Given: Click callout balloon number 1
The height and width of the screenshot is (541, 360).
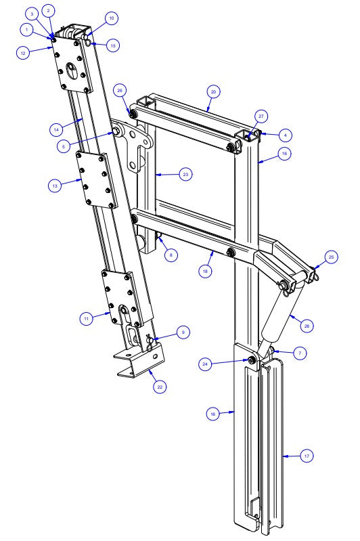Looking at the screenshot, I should coord(26,30).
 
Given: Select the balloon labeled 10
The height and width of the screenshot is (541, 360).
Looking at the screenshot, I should coord(112,17).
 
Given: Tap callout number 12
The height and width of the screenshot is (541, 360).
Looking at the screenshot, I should coord(23,52).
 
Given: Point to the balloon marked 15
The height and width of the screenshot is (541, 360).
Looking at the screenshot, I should coord(113,45).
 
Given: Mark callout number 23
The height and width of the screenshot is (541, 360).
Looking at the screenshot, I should coord(185,174).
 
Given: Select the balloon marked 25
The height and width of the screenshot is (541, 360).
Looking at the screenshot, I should coord(331,257).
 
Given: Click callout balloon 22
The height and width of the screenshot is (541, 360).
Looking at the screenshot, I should coord(160,387).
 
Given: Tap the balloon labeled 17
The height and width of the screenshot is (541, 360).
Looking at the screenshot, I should coord(307,457).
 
